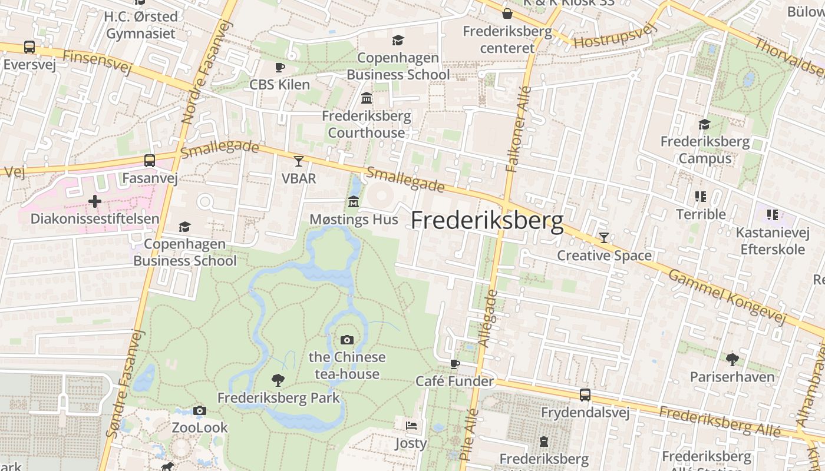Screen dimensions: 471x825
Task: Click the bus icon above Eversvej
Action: (29, 47)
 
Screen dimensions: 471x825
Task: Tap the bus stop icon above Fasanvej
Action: (150, 160)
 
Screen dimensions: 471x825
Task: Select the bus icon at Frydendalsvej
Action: (585, 395)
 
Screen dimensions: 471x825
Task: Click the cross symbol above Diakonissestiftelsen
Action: (94, 201)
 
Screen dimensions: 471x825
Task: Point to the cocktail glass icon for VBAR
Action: (299, 161)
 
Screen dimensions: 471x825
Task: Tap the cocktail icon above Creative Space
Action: (604, 238)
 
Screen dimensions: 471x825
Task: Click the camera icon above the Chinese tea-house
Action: (346, 340)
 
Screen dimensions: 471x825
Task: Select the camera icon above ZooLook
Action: (199, 410)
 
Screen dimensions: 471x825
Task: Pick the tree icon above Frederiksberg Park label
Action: (278, 380)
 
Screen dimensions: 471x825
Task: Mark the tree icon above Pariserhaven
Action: (732, 359)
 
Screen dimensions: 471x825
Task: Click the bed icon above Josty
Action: (411, 425)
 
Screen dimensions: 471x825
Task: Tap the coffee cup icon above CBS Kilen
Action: (279, 67)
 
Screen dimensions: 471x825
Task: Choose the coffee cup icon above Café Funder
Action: (454, 364)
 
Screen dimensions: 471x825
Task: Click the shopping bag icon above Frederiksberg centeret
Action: (507, 14)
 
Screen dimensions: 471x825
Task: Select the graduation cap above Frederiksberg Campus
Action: (704, 124)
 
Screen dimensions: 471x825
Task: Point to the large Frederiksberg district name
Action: (487, 221)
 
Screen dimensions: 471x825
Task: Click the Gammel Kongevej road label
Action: (727, 297)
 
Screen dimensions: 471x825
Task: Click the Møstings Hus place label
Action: (354, 220)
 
